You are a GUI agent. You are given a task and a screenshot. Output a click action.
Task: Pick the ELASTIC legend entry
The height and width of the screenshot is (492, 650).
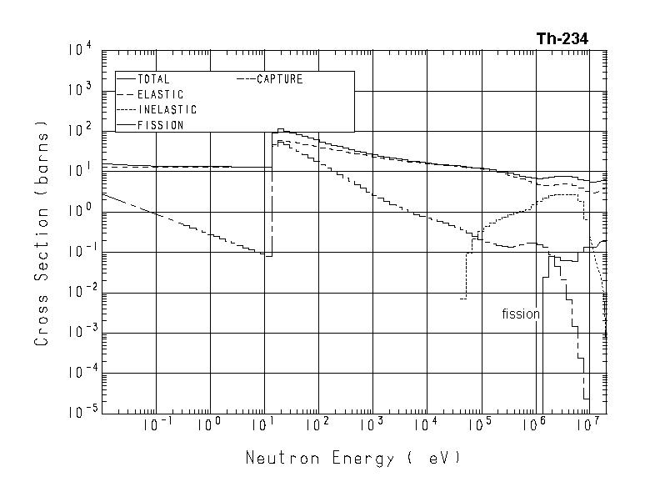coord(159,94)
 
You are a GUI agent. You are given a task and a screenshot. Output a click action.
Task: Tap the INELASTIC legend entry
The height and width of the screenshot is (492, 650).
coord(167,110)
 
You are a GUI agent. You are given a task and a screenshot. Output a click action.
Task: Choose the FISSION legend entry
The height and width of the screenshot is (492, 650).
coord(160,125)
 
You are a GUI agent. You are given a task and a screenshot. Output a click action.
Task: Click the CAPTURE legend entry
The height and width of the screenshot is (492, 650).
coord(279,79)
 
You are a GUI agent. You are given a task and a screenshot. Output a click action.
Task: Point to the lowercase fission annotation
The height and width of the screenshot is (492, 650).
coord(521,314)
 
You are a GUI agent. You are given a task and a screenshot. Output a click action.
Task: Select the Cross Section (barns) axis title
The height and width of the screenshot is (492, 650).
coord(42,236)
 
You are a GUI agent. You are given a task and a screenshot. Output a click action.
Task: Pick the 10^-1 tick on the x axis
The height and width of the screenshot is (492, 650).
coord(157,424)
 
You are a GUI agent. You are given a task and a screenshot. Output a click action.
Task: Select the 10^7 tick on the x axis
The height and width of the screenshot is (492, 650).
coord(588,424)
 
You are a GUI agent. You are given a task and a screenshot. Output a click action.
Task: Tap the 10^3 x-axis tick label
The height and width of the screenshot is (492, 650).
coord(372,424)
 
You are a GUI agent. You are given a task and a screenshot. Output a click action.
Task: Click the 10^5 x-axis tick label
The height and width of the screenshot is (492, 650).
coord(481,424)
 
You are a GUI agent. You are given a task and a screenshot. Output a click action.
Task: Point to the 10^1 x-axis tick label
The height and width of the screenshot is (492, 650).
coord(264,424)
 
